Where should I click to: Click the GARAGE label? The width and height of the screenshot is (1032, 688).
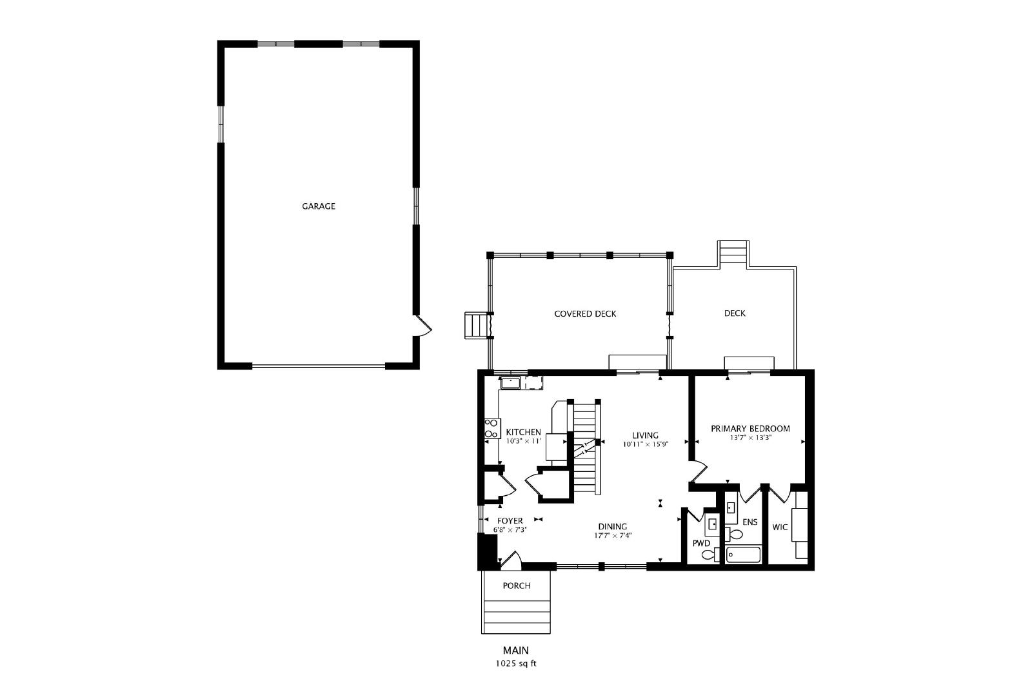pos(319,206)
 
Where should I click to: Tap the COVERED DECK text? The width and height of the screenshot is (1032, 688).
pos(585,313)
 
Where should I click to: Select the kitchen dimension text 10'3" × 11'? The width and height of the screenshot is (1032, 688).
pos(523,440)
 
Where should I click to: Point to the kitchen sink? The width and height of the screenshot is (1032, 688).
pos(510,382)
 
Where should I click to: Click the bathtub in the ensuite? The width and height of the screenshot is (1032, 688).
pos(743,555)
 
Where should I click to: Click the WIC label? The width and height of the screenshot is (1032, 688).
pos(780,527)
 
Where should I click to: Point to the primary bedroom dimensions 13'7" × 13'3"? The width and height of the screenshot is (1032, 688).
pos(751,437)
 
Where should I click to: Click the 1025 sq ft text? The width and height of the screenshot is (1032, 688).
pos(516,663)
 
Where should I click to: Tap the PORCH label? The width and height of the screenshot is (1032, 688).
pos(517,585)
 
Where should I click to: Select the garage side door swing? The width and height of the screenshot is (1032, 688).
pos(423,326)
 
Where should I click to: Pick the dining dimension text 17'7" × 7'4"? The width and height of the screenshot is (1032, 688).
pos(612,536)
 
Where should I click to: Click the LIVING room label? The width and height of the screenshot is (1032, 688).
pos(645,435)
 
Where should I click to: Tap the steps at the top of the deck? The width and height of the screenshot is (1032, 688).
pos(733,252)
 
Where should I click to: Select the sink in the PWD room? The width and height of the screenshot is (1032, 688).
pos(712,524)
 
